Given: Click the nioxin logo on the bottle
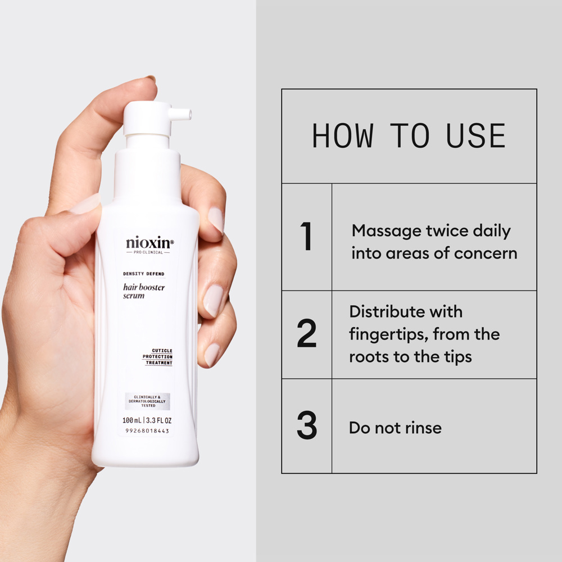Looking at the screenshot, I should [149, 243].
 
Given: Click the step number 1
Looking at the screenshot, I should [306, 237].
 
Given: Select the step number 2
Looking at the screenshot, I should [306, 334].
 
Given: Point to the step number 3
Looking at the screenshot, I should [306, 427].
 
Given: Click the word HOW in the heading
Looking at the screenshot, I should [342, 136].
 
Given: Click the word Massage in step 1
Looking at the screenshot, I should [388, 231].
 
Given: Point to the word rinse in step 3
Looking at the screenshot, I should [422, 428].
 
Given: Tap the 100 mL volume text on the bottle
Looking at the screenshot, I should [132, 420].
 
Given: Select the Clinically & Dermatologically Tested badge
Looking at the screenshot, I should [148, 401].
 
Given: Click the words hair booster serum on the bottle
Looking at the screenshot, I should [143, 291].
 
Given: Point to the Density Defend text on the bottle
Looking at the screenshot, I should [143, 274].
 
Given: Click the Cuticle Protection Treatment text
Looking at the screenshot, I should [157, 357].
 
